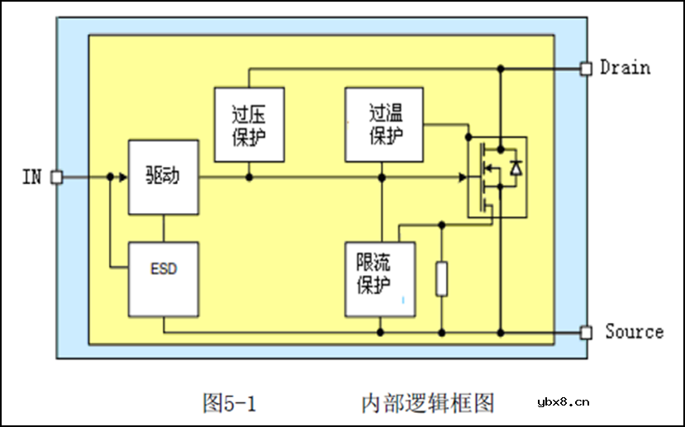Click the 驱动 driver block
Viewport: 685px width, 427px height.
164,178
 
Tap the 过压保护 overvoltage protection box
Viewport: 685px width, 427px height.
249,124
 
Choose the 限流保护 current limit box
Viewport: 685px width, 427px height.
381,278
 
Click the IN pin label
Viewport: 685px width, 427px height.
31,177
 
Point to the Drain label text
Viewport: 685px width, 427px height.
625,68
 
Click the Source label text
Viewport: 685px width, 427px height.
634,332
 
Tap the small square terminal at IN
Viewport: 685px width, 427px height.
56,177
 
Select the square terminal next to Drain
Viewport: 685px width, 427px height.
586,69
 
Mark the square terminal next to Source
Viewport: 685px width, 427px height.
586,332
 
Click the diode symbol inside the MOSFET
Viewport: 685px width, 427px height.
516,168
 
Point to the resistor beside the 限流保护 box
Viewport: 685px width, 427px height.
441,278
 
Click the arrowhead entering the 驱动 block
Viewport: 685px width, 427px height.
123,177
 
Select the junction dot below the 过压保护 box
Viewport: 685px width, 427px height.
250,177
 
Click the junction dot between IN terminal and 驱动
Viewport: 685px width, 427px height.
110,177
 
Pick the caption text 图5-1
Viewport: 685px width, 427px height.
230,403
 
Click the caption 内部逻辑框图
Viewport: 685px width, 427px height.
428,403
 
